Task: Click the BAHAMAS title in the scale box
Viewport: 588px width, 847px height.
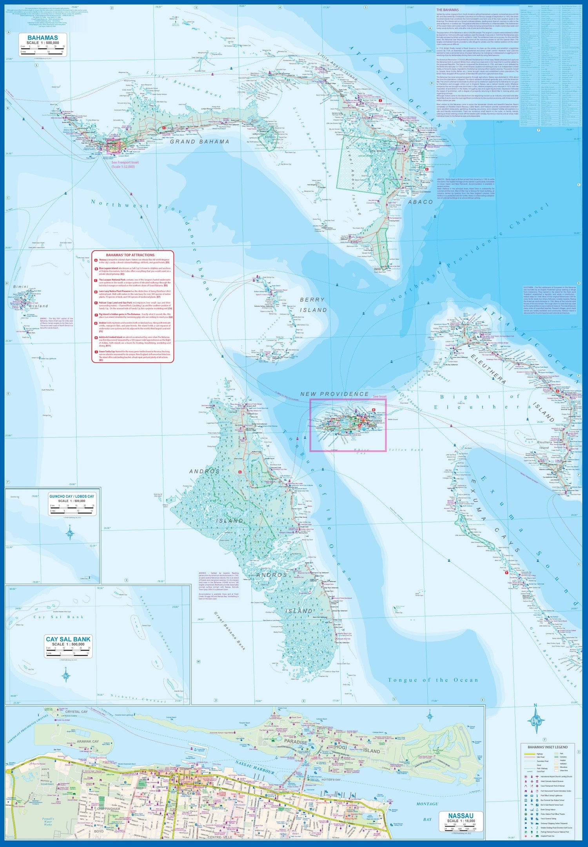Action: [x=43, y=38]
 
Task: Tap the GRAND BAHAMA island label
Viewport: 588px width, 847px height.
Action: [x=200, y=141]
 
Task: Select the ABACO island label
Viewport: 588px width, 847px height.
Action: [x=420, y=202]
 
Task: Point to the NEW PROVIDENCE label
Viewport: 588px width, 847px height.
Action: [x=334, y=394]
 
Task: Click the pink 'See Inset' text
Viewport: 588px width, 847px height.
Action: [x=379, y=397]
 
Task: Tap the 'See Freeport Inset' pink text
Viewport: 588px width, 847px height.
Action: [x=125, y=162]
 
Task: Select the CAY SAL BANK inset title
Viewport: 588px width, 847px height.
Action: [x=68, y=639]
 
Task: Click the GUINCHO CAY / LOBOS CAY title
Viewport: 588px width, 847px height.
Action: [x=72, y=496]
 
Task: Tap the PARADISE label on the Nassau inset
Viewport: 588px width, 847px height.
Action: [x=296, y=742]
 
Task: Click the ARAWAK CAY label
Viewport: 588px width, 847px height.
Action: [x=88, y=742]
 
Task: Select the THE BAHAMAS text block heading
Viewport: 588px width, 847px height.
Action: [x=447, y=10]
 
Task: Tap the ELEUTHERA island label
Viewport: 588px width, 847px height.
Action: [x=488, y=368]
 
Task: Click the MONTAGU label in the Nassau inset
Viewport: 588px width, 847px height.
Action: [x=427, y=804]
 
